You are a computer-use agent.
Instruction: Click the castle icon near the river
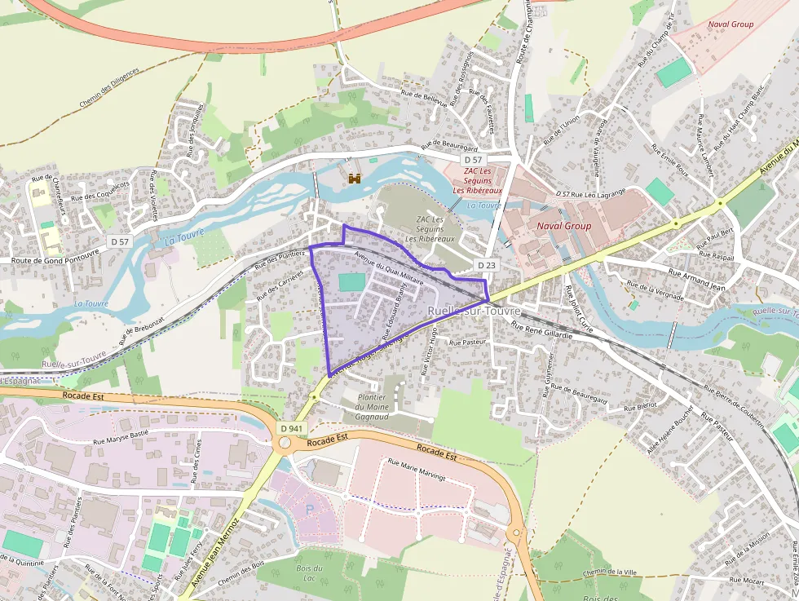355,178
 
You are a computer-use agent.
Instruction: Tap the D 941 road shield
290,428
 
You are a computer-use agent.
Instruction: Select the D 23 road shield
487,265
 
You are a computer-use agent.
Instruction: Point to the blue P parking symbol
309,509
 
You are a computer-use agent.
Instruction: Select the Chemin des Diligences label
110,88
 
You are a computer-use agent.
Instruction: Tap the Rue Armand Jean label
696,280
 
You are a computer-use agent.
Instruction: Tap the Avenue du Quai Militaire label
389,267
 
